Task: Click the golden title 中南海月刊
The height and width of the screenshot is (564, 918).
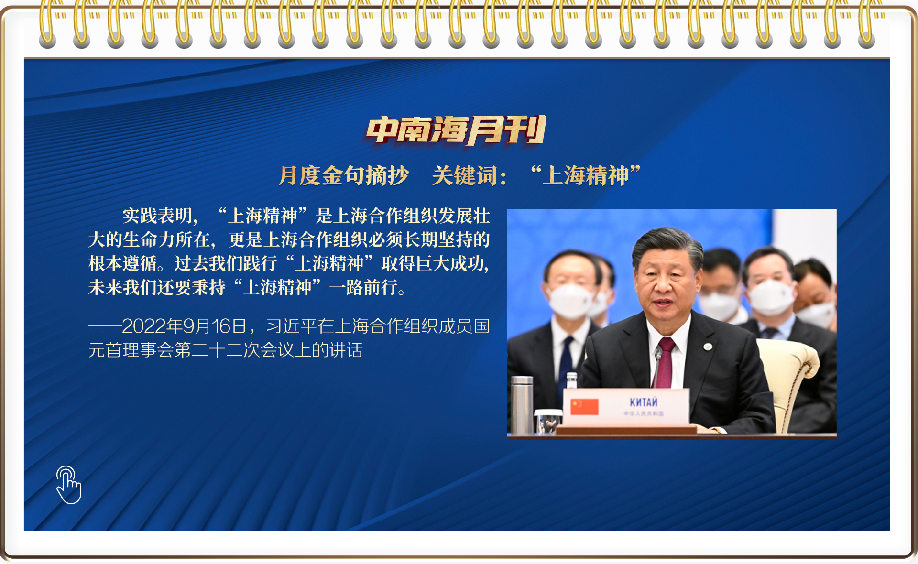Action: (456, 130)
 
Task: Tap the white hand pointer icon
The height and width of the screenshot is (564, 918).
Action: (68, 485)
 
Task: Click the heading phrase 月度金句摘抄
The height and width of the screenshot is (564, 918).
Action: (343, 175)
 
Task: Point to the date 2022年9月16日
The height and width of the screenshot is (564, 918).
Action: (184, 326)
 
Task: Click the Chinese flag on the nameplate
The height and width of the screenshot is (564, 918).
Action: (584, 406)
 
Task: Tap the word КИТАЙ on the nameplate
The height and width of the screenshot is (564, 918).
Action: (643, 402)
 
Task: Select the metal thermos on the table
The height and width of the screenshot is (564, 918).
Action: (522, 404)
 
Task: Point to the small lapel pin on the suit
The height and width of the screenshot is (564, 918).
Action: (708, 347)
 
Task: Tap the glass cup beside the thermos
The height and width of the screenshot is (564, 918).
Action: (547, 422)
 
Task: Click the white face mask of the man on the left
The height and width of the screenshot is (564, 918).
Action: (569, 301)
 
